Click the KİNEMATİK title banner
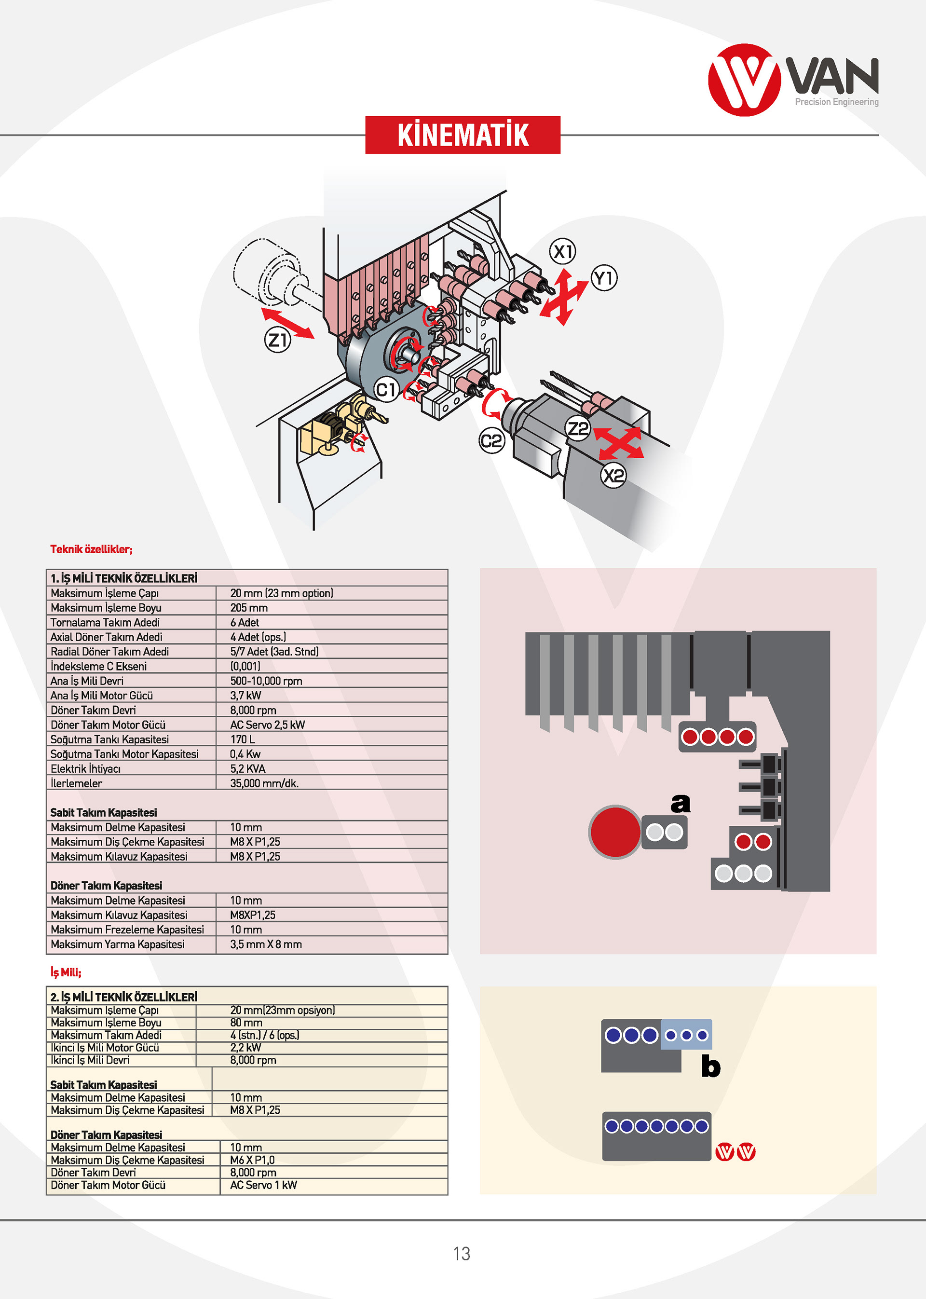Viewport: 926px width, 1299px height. (463, 135)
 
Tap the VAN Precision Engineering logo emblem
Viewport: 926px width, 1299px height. (744, 80)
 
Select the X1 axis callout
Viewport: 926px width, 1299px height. (563, 251)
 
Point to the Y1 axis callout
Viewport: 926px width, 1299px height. (604, 278)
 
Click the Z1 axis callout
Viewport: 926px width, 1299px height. (278, 340)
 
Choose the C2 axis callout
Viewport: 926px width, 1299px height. (491, 441)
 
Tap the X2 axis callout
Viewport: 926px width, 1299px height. (613, 475)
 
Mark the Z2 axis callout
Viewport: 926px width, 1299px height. (578, 428)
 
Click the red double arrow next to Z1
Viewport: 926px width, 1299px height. (287, 323)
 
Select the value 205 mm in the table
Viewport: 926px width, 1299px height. (249, 608)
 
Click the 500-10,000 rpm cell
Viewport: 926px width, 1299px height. (266, 681)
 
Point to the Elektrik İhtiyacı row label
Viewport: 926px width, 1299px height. (85, 769)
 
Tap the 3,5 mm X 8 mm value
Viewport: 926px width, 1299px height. (266, 944)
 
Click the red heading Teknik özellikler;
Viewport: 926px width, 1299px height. (91, 549)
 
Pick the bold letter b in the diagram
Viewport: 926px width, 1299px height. (710, 1066)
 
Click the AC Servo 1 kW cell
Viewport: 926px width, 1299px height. (263, 1185)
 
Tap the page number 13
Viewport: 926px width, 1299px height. (462, 1253)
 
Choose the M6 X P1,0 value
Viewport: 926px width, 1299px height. (252, 1160)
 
